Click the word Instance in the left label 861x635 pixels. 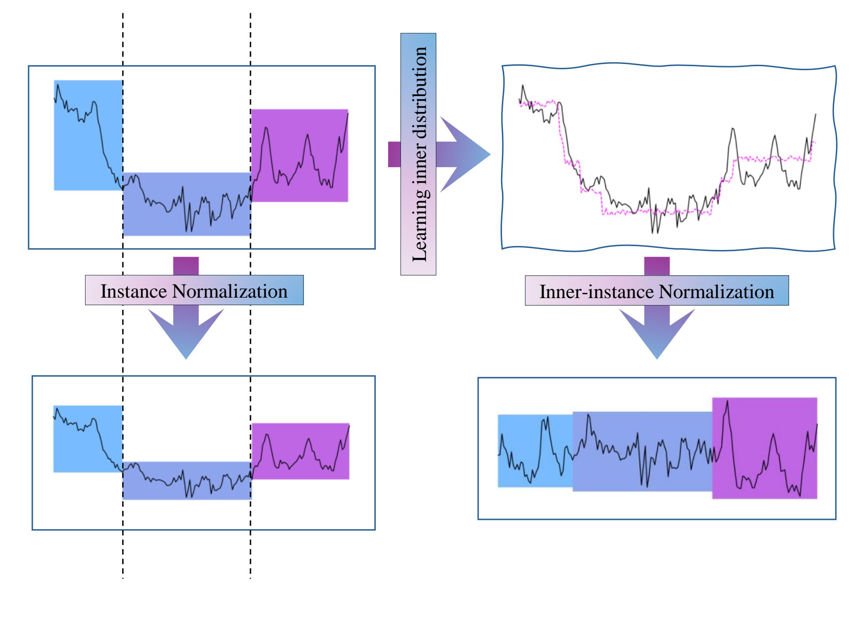pos(134,291)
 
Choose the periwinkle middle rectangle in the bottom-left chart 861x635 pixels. pos(154,489)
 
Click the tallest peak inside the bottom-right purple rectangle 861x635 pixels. pos(727,401)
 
